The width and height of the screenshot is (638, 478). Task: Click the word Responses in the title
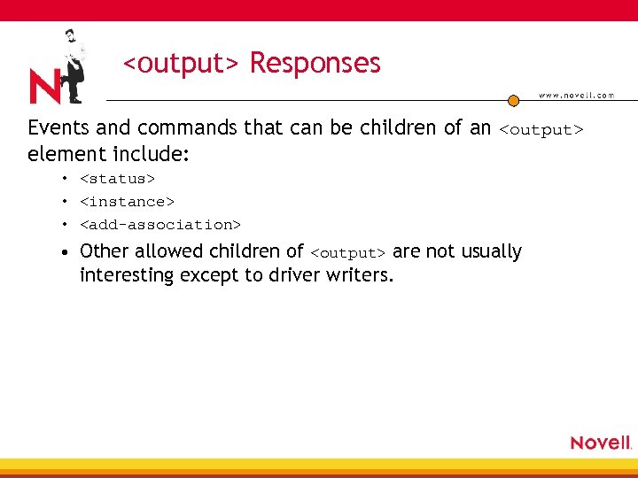tap(315, 64)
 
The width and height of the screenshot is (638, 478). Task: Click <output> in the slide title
tap(181, 64)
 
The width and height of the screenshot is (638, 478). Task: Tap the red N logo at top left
tap(46, 87)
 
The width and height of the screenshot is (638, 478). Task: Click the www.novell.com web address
tap(577, 96)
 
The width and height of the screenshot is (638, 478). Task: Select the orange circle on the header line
tap(513, 101)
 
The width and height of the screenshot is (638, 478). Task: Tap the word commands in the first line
tap(189, 128)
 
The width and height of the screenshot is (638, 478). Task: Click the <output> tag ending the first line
tap(541, 130)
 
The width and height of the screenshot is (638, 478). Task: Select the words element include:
tap(108, 153)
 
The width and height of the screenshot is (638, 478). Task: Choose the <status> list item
tap(117, 179)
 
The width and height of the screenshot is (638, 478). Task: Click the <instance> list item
tap(127, 202)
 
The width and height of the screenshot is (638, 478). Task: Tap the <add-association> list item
tap(159, 225)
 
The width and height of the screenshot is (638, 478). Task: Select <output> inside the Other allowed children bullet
tap(348, 253)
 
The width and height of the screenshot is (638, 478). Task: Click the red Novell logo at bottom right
tap(601, 443)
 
